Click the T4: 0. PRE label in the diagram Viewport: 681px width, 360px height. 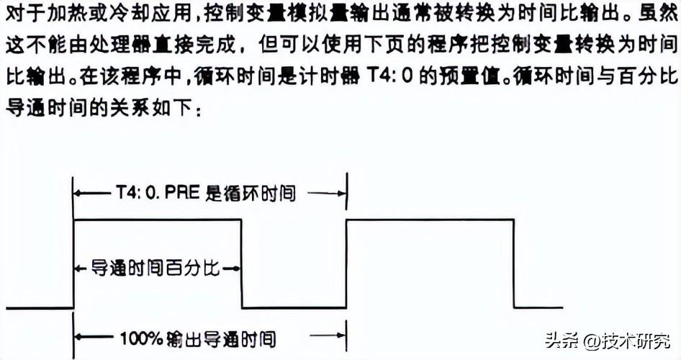tap(152, 193)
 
